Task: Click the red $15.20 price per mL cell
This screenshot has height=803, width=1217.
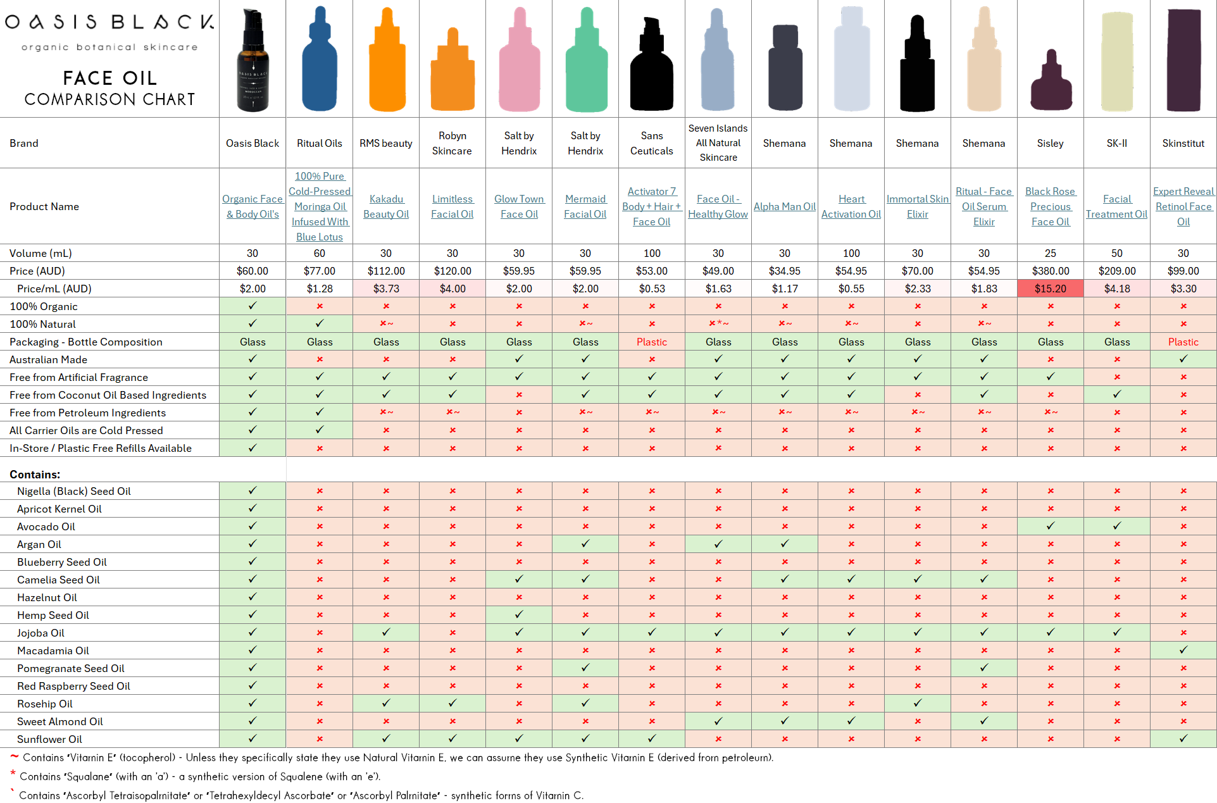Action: [x=1050, y=289]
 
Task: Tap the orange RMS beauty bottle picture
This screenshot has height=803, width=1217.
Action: [x=386, y=63]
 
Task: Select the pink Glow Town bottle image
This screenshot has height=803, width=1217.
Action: [x=519, y=63]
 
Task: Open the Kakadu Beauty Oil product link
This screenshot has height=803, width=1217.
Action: [x=386, y=206]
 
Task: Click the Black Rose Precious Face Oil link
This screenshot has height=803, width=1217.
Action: [x=1050, y=206]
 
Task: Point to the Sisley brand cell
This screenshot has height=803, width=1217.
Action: [x=1050, y=143]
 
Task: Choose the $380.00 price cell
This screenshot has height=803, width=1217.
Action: [x=1050, y=271]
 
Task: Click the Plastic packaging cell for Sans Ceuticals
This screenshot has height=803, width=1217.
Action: [x=651, y=342]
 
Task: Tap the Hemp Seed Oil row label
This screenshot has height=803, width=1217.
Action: [x=53, y=615]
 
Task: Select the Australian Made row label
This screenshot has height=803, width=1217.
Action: [x=48, y=359]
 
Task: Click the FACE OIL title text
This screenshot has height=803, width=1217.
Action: [x=109, y=78]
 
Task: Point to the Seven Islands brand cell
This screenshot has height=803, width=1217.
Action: [x=718, y=143]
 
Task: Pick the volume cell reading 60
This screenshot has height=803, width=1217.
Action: [x=319, y=253]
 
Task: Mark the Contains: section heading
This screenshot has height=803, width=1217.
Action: [x=35, y=475]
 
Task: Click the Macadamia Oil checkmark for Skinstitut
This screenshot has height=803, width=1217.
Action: [x=1183, y=650]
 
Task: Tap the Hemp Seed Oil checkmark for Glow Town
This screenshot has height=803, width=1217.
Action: [x=519, y=614]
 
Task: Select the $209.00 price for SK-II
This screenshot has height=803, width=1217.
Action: [x=1116, y=271]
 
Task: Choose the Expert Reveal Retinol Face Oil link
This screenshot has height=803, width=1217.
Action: [x=1183, y=206]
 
